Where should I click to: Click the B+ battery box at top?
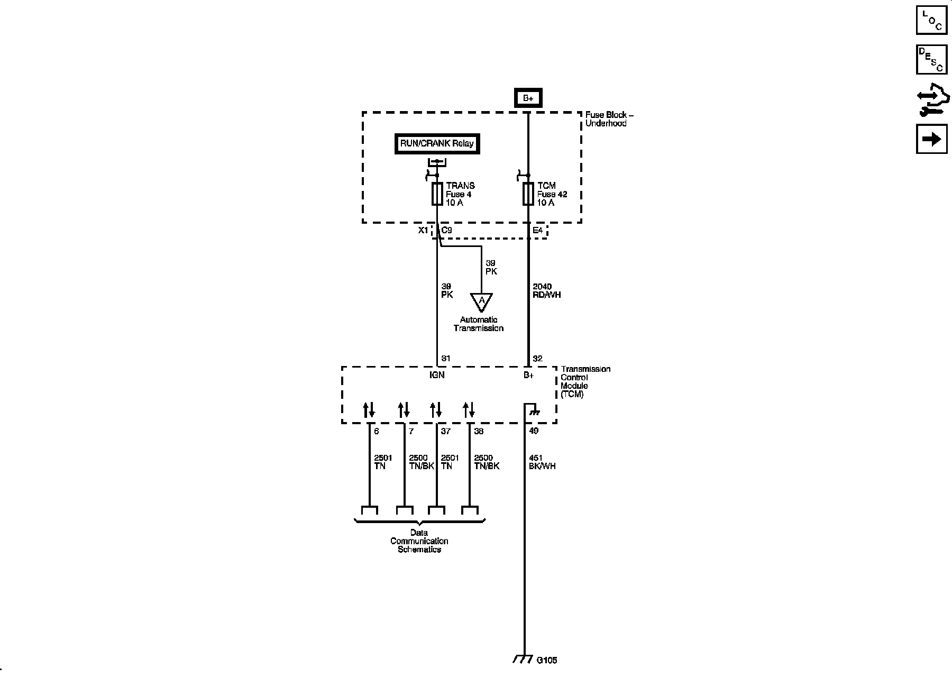tap(528, 98)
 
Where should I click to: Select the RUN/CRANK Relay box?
tap(437, 144)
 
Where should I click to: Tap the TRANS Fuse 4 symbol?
tap(437, 194)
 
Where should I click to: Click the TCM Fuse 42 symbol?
tap(528, 194)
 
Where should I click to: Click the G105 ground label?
tap(547, 660)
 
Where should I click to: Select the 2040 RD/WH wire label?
tap(546, 291)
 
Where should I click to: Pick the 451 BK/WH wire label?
tap(542, 462)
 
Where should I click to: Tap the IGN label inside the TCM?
tap(437, 375)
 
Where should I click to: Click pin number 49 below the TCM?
tap(534, 431)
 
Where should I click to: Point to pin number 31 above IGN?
tap(445, 359)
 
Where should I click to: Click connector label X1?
tap(423, 231)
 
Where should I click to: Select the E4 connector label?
tap(537, 231)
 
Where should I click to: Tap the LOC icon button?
tap(931, 20)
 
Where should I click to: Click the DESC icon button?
tap(931, 60)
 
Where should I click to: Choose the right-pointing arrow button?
tap(931, 139)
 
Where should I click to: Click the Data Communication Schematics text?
tap(419, 541)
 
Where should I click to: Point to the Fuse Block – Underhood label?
tap(609, 119)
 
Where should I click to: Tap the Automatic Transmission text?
tap(479, 324)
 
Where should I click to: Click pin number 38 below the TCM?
tap(479, 431)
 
